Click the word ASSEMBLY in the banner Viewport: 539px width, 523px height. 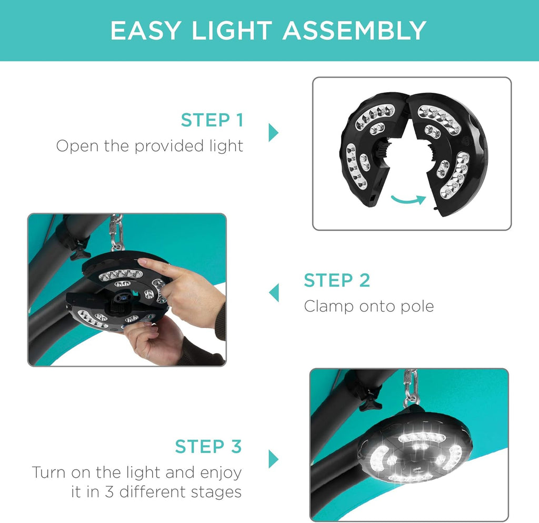[x=354, y=31]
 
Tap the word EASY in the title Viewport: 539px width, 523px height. [x=145, y=31]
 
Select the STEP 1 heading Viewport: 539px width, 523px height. [x=212, y=120]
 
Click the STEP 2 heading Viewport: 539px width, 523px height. [x=337, y=280]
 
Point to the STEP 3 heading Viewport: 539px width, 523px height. [x=208, y=446]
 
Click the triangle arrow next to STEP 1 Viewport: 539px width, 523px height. [x=273, y=132]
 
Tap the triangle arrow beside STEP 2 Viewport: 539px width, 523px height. [x=274, y=293]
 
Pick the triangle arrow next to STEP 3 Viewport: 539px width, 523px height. [x=273, y=459]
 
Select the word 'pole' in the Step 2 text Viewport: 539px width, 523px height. [x=417, y=307]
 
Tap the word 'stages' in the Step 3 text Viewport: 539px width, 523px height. [x=216, y=492]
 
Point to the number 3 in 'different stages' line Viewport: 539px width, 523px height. [x=109, y=492]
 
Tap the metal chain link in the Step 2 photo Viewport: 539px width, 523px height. [x=117, y=232]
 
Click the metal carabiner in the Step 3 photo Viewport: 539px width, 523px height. [x=411, y=388]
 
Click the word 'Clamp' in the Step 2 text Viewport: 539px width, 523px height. [x=329, y=307]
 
